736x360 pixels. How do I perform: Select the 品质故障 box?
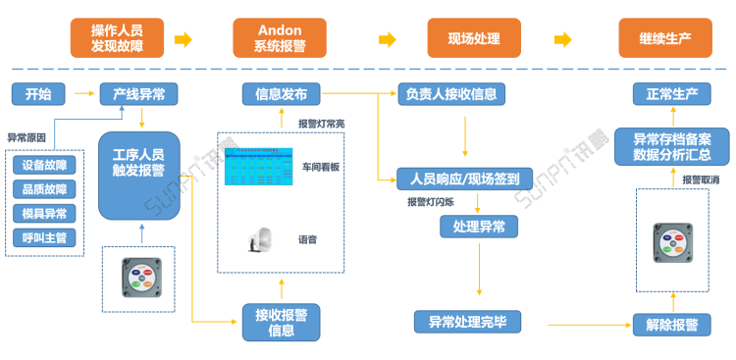point(44,188)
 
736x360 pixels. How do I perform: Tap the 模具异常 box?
point(44,213)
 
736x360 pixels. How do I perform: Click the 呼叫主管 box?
point(44,237)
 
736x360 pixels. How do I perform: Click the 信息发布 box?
point(281,94)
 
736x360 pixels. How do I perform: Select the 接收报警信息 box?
point(281,322)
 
